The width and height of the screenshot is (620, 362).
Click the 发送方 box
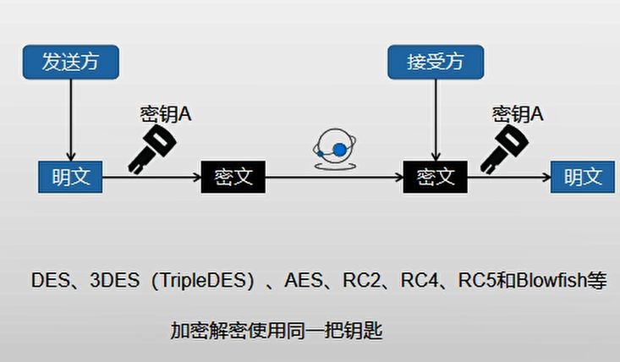pyautogui.click(x=70, y=61)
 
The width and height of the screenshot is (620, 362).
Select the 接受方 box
pyautogui.click(x=435, y=61)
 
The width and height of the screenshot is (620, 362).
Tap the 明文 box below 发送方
pyautogui.click(x=70, y=177)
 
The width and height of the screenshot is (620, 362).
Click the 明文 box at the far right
pyautogui.click(x=584, y=177)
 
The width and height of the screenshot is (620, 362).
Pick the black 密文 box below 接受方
pyautogui.click(x=436, y=177)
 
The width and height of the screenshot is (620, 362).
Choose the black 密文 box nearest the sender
pyautogui.click(x=233, y=177)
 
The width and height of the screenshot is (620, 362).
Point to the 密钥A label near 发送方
pyautogui.click(x=166, y=113)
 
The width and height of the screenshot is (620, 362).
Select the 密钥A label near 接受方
pyautogui.click(x=518, y=113)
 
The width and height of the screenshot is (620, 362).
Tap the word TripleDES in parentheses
pyautogui.click(x=200, y=282)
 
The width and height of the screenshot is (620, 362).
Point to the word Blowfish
pyautogui.click(x=555, y=282)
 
